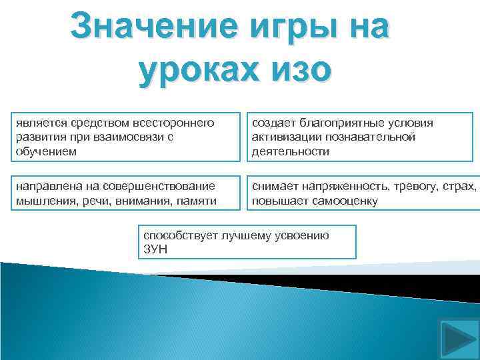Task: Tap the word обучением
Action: click(x=45, y=151)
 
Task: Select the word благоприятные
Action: click(x=338, y=123)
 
